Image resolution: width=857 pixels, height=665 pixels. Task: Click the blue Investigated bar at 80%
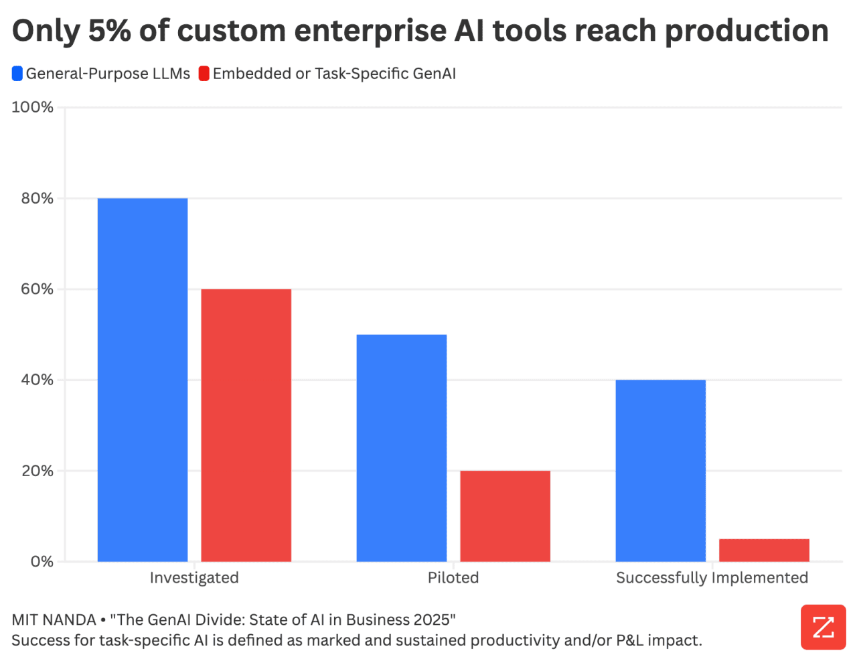(x=143, y=380)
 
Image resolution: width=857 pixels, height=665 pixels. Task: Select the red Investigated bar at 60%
(x=246, y=425)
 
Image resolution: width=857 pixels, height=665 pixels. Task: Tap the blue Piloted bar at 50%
(x=401, y=448)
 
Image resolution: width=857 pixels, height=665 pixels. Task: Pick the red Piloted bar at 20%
(x=505, y=516)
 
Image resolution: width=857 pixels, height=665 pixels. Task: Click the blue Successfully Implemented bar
(x=660, y=471)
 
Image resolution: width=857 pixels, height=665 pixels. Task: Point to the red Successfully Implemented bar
(x=764, y=550)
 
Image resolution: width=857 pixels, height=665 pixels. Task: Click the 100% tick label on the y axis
(x=33, y=107)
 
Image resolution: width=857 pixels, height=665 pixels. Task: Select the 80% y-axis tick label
(x=37, y=198)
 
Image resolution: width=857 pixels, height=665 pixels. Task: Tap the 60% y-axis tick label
(x=37, y=289)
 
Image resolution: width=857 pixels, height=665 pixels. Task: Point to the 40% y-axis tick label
(x=37, y=380)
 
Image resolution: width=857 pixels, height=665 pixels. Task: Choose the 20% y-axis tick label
(x=37, y=471)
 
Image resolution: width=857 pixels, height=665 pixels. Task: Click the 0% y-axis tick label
(x=42, y=561)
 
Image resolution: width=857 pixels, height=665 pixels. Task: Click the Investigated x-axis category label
(x=194, y=578)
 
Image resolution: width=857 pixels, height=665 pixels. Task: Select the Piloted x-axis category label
(x=453, y=578)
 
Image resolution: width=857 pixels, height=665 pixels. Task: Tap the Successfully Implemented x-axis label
(x=712, y=578)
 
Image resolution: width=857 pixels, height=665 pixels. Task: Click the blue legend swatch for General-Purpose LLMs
(x=17, y=74)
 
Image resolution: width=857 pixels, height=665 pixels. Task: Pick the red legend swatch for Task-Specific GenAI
(x=204, y=74)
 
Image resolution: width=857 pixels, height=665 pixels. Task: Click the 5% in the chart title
(x=109, y=31)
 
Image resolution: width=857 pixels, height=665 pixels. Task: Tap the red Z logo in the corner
(x=823, y=627)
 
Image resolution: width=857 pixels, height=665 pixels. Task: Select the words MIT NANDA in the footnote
(x=54, y=619)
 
